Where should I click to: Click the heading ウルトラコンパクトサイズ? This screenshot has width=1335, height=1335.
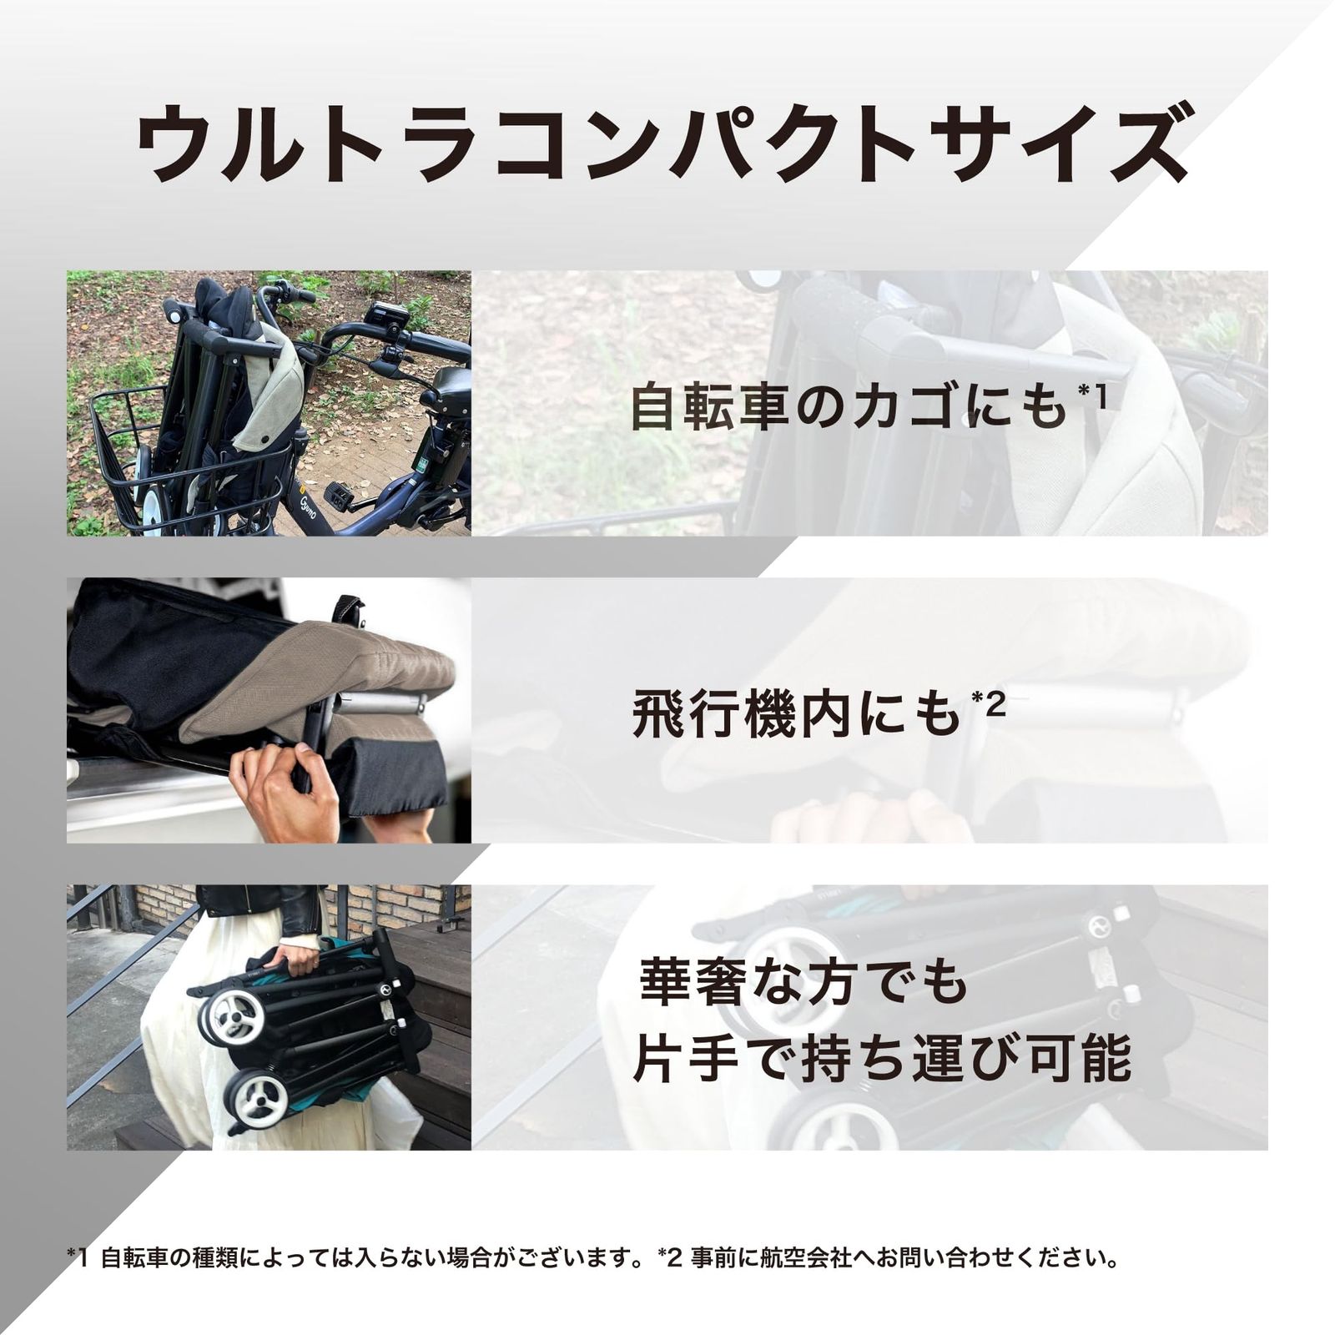663,144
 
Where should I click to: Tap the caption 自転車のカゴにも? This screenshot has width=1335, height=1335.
847,407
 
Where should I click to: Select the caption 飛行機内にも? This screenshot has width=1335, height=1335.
797,716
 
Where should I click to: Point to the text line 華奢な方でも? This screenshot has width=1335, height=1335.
804,982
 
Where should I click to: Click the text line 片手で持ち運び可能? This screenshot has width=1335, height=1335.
882,1058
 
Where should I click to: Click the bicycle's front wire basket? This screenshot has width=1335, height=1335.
125,467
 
